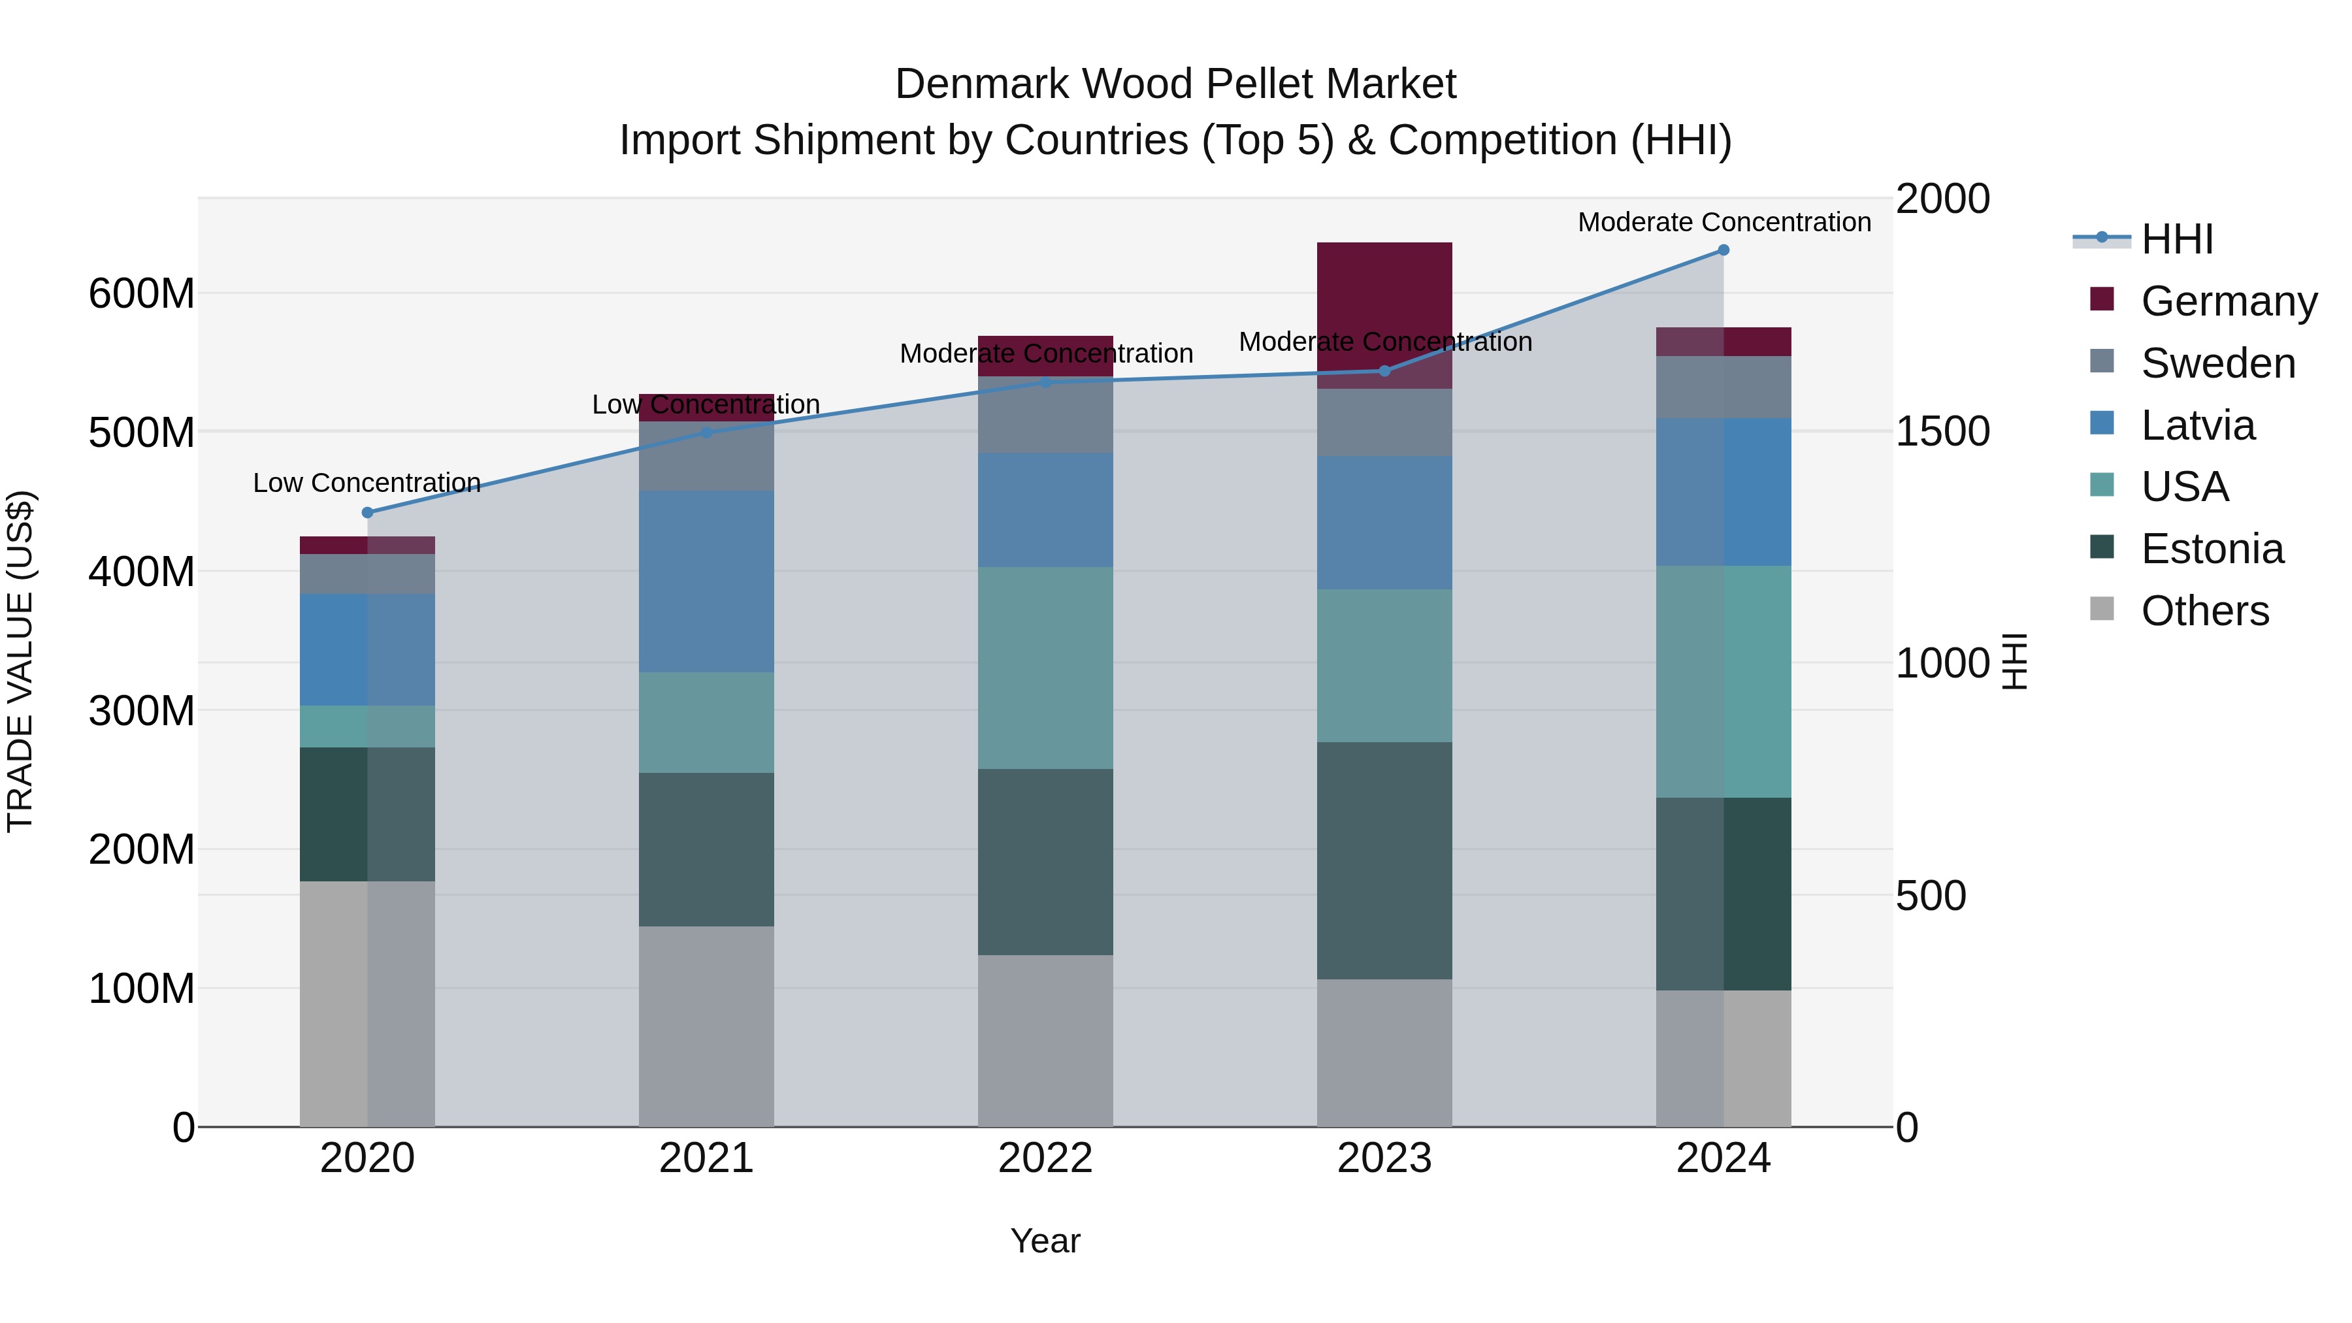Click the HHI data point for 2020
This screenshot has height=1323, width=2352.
pos(367,512)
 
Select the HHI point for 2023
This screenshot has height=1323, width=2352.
pos(1384,370)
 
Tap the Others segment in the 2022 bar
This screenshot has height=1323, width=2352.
pos(1045,1040)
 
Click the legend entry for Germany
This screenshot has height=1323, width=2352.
pos(2228,301)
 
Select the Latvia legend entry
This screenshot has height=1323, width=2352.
pos(2198,425)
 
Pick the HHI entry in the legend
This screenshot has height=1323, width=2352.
pos(2177,239)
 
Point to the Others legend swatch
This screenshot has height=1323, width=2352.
pos(2102,609)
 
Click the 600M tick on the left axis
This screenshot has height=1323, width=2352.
pos(142,294)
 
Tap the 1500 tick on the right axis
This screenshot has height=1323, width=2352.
pos(1942,431)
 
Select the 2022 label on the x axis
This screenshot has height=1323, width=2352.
pos(1045,1158)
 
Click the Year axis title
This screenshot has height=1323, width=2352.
pos(1045,1241)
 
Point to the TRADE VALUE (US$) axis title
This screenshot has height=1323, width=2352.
pos(20,661)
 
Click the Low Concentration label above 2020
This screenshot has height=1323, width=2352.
pos(367,483)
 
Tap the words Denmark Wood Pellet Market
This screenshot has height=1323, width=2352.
pos(1175,84)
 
